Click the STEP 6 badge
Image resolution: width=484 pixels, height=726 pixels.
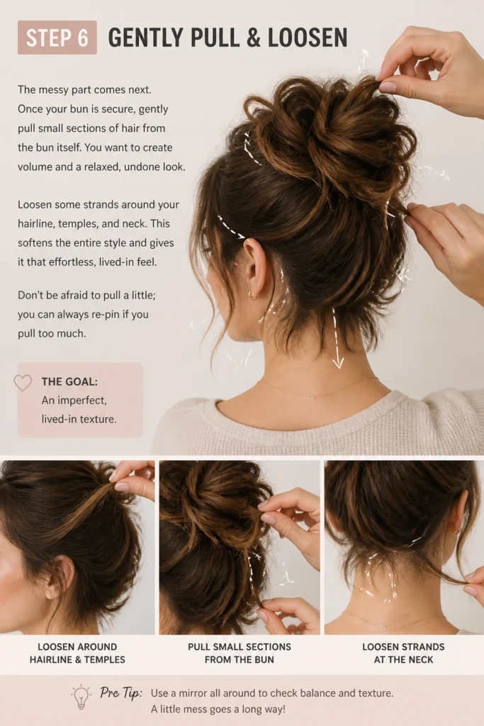click(57, 38)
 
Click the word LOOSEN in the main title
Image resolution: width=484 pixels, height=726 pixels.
click(308, 38)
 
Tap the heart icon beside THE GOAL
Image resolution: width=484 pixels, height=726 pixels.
click(23, 383)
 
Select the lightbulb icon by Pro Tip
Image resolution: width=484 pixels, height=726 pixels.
click(81, 696)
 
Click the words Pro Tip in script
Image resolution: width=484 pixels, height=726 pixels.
click(120, 693)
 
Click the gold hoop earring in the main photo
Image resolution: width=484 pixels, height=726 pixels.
click(253, 294)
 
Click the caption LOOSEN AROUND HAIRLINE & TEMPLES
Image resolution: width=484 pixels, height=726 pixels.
click(77, 653)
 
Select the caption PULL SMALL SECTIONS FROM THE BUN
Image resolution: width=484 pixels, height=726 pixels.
click(240, 653)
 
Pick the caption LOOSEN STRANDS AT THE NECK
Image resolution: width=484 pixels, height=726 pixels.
click(403, 653)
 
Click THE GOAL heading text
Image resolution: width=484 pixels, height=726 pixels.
click(69, 381)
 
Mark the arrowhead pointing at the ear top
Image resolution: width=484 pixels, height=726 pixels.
click(241, 236)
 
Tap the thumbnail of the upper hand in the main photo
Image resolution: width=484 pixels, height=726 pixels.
click(387, 86)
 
